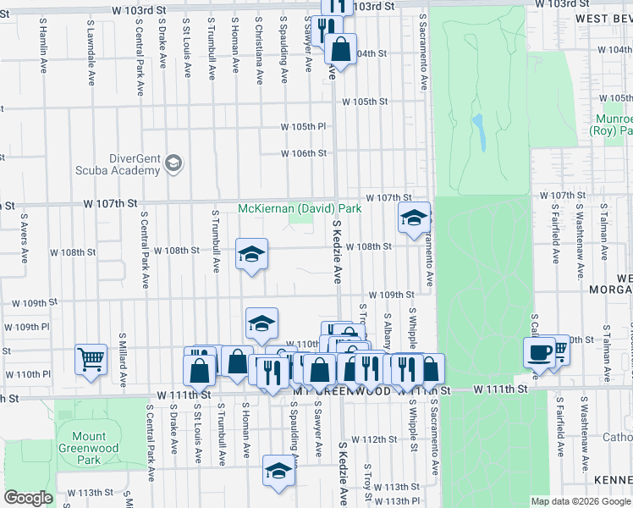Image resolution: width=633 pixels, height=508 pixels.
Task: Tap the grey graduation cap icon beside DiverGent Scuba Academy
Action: pos(173,163)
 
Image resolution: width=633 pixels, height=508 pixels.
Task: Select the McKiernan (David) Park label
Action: pos(300,208)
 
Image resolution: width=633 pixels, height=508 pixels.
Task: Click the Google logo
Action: pos(28,498)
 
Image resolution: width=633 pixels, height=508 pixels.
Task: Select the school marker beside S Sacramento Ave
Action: pos(414,218)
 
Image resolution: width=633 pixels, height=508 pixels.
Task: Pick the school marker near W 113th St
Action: pos(278,470)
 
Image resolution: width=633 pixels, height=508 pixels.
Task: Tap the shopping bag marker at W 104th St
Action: pos(340,47)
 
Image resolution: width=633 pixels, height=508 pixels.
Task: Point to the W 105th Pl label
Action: pos(304,127)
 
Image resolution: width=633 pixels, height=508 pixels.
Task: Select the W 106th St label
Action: pos(304,153)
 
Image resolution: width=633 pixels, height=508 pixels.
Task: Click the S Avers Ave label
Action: pos(24,246)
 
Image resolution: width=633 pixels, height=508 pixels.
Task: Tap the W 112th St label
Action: pos(374,439)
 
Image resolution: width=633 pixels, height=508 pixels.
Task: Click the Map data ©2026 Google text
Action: pos(580,501)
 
